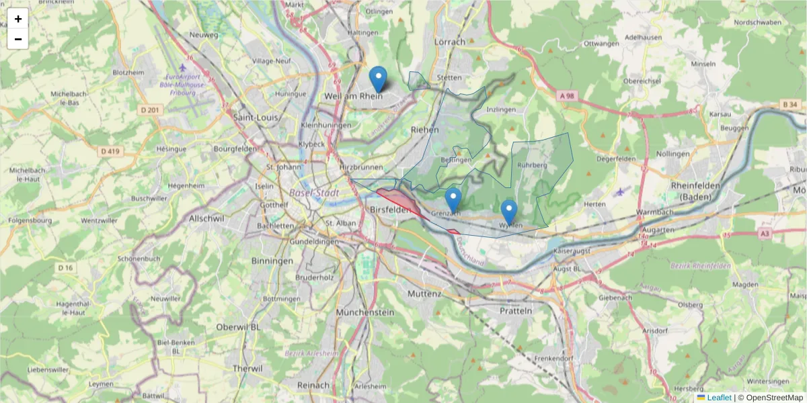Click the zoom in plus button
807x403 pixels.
coord(18,19)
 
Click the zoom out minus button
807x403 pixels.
coord(18,39)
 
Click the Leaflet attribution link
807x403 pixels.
coord(719,398)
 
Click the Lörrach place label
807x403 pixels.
coord(450,42)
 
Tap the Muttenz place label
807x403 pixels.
coord(424,294)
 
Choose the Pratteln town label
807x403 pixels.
coord(516,311)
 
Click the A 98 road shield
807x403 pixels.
coord(567,96)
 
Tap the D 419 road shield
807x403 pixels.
coord(110,152)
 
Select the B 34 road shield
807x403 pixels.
coord(790,105)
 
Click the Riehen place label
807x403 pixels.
coord(424,130)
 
